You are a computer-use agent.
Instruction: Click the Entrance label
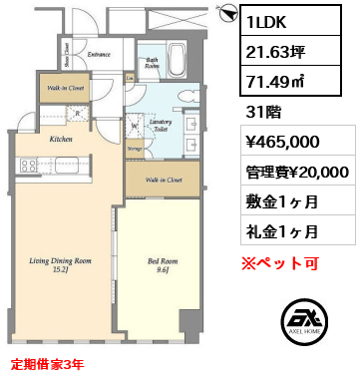pyautogui.click(x=99, y=54)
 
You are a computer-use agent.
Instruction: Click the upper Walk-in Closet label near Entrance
pyautogui.click(x=63, y=90)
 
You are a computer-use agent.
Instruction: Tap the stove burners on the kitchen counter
pyautogui.click(x=25, y=165)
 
